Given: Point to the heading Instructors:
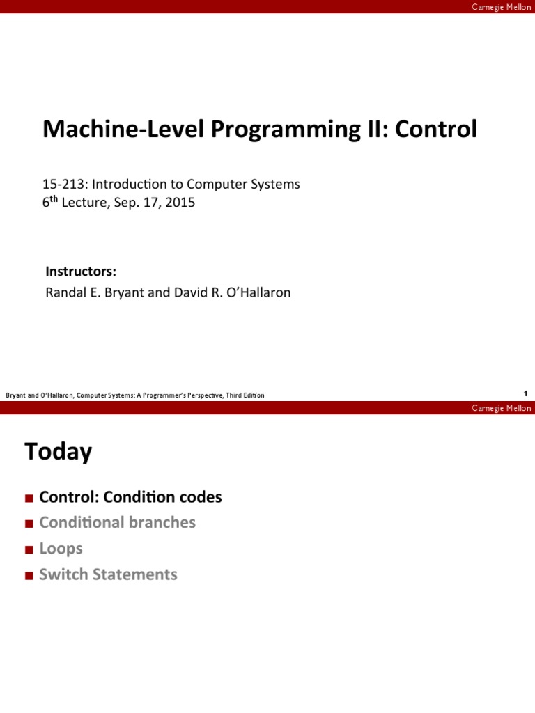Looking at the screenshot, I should [80, 271].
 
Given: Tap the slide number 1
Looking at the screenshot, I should [525, 393].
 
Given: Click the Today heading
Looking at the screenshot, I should [59, 452].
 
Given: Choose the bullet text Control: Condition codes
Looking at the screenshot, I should [130, 497].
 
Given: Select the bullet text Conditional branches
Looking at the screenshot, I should [117, 522].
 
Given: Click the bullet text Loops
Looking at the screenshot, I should [61, 549].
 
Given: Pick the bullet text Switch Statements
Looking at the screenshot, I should [108, 574].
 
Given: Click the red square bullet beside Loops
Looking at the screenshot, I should [29, 549].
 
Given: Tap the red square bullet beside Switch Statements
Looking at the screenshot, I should [29, 575].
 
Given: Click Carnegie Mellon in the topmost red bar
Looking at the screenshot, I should [501, 6].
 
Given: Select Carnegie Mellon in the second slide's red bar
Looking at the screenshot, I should [501, 408].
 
